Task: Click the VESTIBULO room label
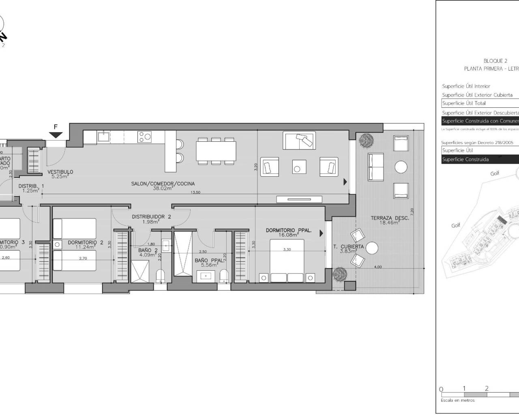60,172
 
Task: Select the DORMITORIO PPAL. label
289,230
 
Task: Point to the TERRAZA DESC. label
390,218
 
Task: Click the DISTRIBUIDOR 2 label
151,217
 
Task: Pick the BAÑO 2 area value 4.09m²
146,255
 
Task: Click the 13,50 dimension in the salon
195,193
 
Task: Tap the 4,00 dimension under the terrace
377,267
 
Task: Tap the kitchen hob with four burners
144,136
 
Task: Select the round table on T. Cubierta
371,248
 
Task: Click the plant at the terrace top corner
366,140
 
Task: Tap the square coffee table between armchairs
300,166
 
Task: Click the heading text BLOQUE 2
495,61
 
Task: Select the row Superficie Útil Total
464,103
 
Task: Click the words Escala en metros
457,400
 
